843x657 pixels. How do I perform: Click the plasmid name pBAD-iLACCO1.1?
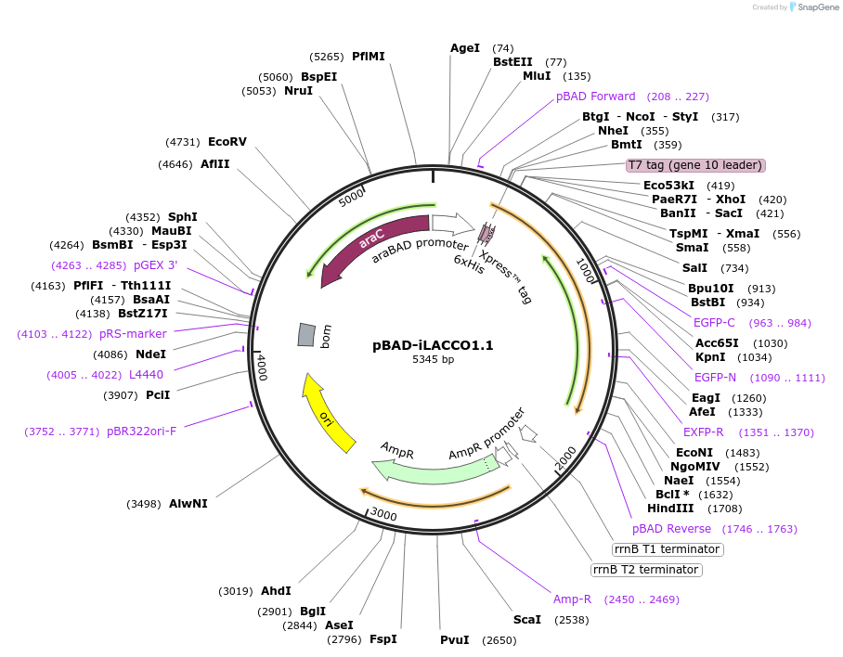click(433, 345)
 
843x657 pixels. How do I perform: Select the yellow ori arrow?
click(330, 414)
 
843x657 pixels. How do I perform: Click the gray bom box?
click(306, 335)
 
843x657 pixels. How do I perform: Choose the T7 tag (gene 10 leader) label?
click(695, 165)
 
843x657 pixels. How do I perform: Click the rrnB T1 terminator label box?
click(668, 549)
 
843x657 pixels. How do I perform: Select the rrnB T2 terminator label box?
click(645, 569)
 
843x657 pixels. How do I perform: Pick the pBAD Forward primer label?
click(596, 97)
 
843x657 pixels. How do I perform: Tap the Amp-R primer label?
click(573, 599)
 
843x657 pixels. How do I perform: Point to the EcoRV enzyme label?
click(227, 142)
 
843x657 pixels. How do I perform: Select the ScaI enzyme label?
click(527, 619)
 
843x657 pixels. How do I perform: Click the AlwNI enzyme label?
click(188, 504)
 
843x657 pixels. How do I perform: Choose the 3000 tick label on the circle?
click(383, 513)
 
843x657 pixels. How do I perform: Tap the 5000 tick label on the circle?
click(352, 198)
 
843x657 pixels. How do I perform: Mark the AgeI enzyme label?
click(465, 48)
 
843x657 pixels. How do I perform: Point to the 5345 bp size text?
click(433, 360)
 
